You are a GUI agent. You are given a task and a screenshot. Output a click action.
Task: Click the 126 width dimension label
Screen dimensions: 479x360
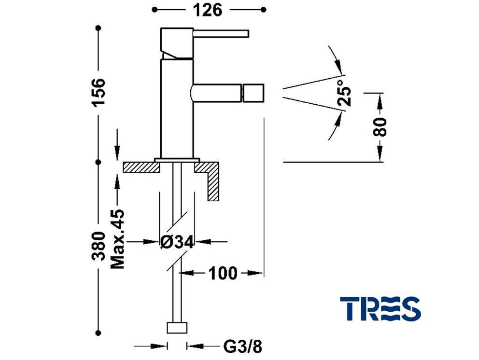[208, 10]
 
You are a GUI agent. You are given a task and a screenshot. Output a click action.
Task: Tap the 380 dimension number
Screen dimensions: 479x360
[99, 246]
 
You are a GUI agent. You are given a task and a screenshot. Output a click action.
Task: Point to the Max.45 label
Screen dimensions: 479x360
[118, 239]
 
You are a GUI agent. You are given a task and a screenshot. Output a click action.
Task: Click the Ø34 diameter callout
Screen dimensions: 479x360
[177, 242]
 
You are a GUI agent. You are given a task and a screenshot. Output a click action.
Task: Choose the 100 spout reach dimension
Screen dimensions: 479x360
[223, 273]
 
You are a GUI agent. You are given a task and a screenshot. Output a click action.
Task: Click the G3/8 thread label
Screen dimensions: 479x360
[243, 346]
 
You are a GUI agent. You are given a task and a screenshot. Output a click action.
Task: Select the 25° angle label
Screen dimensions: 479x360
[345, 93]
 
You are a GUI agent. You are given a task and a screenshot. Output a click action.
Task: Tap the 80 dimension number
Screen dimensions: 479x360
[380, 126]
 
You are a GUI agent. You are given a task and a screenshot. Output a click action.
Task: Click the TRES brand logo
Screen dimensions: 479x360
[380, 309]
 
